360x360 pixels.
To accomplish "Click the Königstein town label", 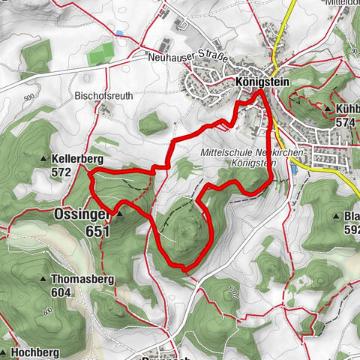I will click(262, 80).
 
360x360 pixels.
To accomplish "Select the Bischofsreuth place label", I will click(103, 96).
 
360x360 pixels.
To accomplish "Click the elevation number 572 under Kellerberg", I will click(61, 172).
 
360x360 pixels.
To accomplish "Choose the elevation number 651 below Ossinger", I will click(97, 232).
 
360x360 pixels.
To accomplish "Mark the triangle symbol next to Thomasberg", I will click(43, 279).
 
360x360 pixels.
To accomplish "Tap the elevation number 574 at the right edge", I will click(345, 122).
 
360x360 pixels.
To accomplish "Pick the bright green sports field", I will click(100, 56).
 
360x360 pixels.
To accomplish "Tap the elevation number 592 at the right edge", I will click(350, 230).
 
